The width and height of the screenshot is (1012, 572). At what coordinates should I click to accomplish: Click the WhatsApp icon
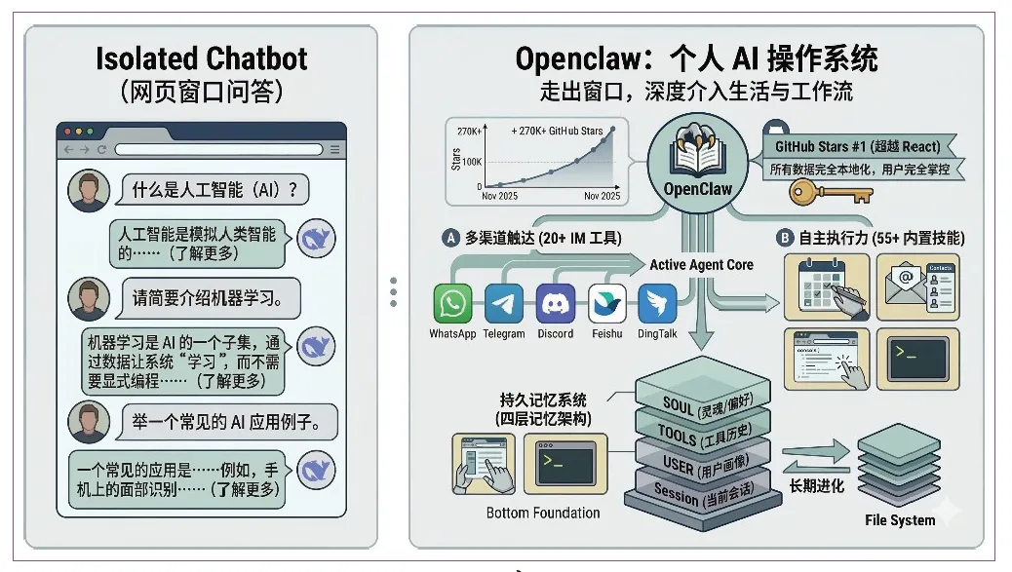pos(451,304)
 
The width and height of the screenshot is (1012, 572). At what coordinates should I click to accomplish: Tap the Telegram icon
pos(503,304)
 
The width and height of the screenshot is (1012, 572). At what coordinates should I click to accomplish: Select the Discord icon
pos(556,304)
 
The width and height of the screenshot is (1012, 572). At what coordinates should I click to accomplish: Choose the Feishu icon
pos(607,304)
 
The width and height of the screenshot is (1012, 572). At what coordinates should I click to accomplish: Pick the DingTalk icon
pos(657,304)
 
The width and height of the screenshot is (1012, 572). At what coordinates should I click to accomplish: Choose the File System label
pos(899,520)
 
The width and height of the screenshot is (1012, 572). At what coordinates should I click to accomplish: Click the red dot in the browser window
pos(66,132)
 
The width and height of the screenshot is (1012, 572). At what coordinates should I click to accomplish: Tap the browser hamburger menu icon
pos(335,149)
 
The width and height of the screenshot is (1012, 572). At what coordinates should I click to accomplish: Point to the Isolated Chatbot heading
pos(201,58)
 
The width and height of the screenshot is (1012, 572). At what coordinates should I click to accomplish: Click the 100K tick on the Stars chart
pos(471,161)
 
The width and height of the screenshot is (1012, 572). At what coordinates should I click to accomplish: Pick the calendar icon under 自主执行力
pos(826,286)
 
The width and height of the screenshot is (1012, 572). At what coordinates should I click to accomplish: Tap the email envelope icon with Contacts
pos(916,286)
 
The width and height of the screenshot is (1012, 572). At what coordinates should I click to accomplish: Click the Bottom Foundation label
pos(543,513)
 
